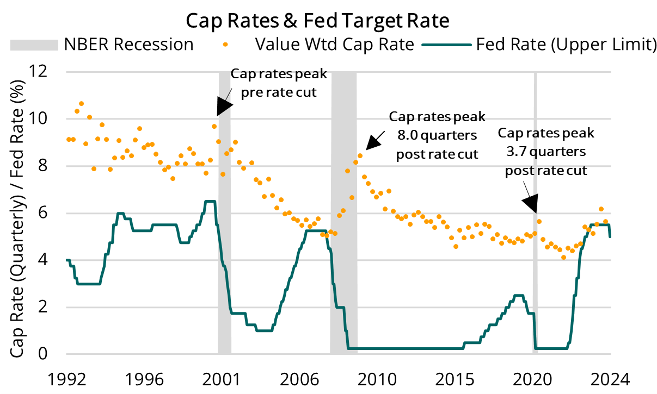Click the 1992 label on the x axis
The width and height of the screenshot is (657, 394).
coord(66,379)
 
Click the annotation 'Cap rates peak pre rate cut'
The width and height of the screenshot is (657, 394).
coord(273,83)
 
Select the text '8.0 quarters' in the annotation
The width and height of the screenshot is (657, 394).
coord(437,135)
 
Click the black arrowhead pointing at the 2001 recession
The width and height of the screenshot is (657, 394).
coord(222,107)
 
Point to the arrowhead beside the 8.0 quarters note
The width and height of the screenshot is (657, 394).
coord(374,142)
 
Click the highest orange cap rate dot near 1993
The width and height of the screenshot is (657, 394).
coord(81,103)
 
